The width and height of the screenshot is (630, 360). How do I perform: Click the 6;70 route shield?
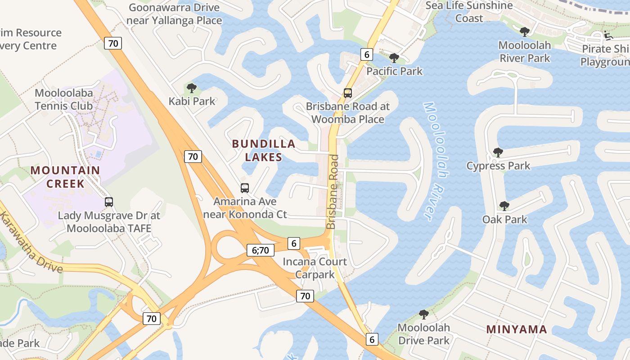pyautogui.click(x=261, y=250)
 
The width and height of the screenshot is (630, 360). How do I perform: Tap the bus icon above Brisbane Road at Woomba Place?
pyautogui.click(x=347, y=93)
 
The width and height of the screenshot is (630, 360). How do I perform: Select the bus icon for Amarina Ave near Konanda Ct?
pyautogui.click(x=245, y=188)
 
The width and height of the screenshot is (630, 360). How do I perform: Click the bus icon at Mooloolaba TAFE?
pyautogui.click(x=109, y=202)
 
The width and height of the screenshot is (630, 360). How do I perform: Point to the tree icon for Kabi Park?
pyautogui.click(x=192, y=88)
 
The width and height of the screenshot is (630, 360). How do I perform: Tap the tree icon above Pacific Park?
pyautogui.click(x=394, y=58)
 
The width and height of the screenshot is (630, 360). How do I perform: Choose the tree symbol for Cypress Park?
pyautogui.click(x=498, y=153)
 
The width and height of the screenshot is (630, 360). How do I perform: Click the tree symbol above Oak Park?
pyautogui.click(x=504, y=206)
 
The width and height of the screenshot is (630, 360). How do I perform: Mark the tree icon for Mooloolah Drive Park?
pyautogui.click(x=423, y=314)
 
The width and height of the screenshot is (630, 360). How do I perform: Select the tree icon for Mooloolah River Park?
pyautogui.click(x=524, y=31)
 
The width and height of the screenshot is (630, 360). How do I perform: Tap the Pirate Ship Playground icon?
pyautogui.click(x=607, y=35)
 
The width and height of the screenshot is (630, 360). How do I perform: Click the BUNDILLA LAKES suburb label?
pyautogui.click(x=264, y=150)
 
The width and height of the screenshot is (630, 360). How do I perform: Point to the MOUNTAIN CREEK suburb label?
pyautogui.click(x=66, y=177)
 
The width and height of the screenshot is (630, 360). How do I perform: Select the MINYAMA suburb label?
pyautogui.click(x=517, y=329)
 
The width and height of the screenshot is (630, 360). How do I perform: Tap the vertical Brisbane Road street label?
pyautogui.click(x=333, y=192)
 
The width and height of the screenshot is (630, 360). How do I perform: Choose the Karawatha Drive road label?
pyautogui.click(x=31, y=243)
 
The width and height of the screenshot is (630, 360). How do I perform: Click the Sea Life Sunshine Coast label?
pyautogui.click(x=469, y=12)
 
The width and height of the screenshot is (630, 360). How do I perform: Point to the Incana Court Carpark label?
pyautogui.click(x=315, y=268)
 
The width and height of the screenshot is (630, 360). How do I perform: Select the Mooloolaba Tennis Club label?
pyautogui.click(x=64, y=99)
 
